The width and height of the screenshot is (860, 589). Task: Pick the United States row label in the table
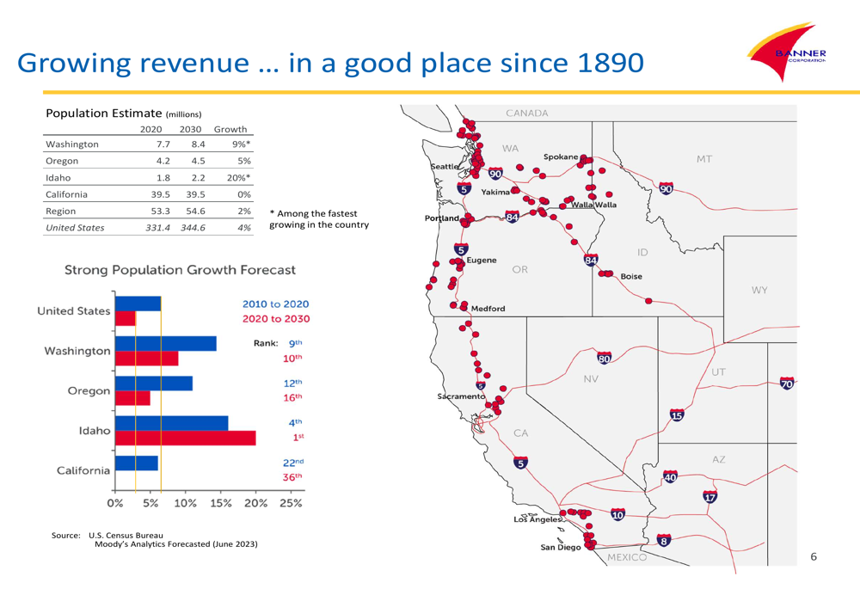[x=75, y=227]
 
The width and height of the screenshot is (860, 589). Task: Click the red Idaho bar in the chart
[x=185, y=438]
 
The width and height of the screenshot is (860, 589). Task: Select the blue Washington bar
[x=165, y=343]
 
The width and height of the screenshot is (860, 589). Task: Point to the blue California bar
[x=136, y=463]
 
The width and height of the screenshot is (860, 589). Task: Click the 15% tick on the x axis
[x=220, y=503]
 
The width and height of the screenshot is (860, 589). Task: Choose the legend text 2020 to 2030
[x=276, y=319]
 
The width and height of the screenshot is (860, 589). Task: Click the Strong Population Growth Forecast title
[x=181, y=270]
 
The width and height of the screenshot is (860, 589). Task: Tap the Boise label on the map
[x=630, y=276]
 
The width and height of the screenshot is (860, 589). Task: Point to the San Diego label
[x=560, y=547]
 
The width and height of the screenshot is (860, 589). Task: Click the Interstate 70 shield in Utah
[x=786, y=383]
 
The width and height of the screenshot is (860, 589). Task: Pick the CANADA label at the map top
[x=527, y=113]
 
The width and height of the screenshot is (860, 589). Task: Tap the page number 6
[x=814, y=557]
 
